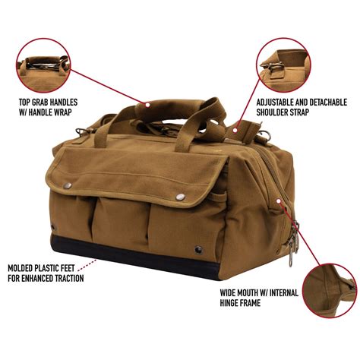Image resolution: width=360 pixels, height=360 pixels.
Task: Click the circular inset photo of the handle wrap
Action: pyautogui.click(x=45, y=63)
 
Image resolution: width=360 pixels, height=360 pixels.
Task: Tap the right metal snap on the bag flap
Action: pyautogui.click(x=181, y=197)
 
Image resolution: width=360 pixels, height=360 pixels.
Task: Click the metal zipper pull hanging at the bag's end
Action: pyautogui.click(x=292, y=243)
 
